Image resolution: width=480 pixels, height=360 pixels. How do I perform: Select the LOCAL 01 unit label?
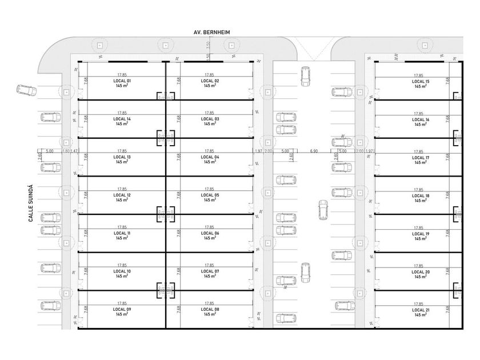pos(122,81)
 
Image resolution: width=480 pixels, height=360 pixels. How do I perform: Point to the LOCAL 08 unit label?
pos(210,309)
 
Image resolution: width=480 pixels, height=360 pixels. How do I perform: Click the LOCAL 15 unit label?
pos(421,82)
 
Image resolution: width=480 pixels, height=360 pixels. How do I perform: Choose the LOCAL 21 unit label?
pos(421,310)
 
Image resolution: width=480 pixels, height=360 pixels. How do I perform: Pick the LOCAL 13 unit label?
pos(122,157)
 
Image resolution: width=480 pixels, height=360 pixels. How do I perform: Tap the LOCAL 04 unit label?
pos(210,157)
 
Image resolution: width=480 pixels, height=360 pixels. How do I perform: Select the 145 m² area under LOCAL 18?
pos(421,201)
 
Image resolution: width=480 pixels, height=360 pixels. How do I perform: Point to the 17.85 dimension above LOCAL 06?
pos(209,227)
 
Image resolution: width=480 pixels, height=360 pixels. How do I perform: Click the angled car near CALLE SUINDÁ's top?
pos(25,90)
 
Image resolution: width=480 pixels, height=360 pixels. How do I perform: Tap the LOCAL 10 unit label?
pos(122,271)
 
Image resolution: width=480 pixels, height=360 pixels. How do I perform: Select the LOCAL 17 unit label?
pos(421,158)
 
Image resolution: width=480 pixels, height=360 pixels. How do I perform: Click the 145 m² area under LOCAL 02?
pos(210,86)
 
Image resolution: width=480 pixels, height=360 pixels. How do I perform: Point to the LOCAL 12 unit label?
pos(122,195)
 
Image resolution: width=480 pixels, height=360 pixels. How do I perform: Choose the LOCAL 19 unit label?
pos(421,234)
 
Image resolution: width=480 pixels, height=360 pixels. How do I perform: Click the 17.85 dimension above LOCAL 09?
pos(122,303)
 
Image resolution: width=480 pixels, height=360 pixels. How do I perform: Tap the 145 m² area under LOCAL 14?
pos(122,124)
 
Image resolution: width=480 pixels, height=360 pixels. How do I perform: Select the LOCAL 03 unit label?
pos(210,119)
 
